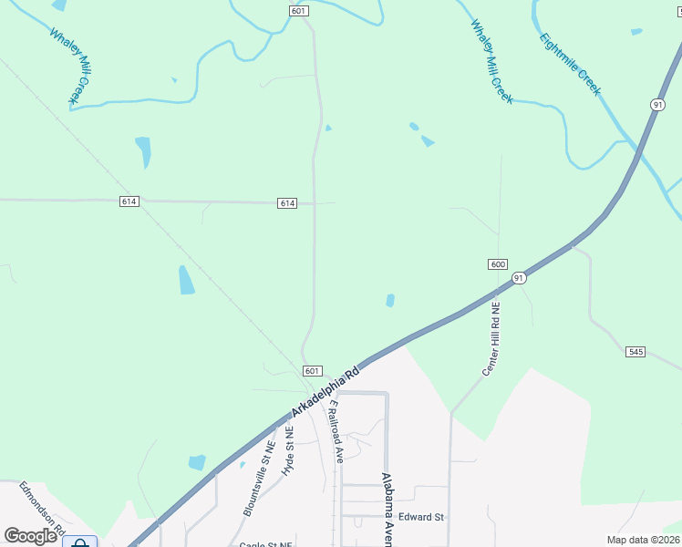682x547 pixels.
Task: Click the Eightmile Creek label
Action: point(570,64)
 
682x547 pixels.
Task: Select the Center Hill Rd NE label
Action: point(495,339)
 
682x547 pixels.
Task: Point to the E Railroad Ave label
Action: point(335,431)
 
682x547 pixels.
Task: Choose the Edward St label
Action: point(421,517)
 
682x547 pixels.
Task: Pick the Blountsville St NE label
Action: point(259,479)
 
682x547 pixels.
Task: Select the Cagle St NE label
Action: point(263,544)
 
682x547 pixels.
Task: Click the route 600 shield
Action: point(497,264)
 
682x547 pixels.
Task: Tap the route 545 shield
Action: point(635,351)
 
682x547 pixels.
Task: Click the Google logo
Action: point(31,535)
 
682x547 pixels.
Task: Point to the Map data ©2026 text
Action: point(644,540)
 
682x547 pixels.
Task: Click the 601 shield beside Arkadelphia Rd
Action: point(312,371)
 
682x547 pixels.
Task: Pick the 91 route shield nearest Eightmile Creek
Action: point(656,105)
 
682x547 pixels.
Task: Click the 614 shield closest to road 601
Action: point(287,203)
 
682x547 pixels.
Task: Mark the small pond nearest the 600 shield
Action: point(390,300)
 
